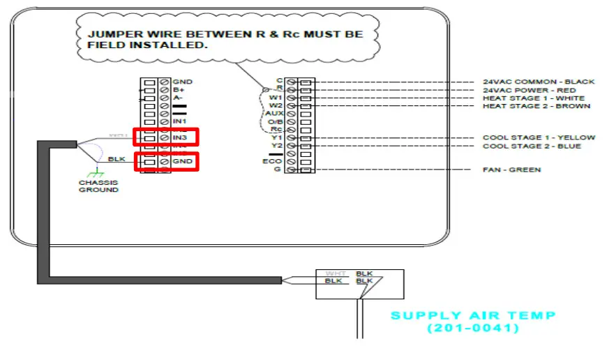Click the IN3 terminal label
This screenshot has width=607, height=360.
point(180,138)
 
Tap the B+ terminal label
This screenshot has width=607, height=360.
point(179,90)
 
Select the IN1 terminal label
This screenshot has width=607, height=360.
point(180,122)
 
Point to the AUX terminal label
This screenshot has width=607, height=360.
point(273,114)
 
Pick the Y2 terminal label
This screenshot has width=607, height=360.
point(277,146)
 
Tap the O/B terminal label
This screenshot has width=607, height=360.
point(274,122)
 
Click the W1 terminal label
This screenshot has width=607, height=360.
point(276,98)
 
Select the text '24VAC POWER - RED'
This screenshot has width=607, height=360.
point(529,90)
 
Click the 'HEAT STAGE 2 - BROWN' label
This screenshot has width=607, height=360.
point(536,106)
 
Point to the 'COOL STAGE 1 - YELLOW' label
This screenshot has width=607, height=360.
point(539,138)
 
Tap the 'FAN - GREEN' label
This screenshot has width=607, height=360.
point(511,170)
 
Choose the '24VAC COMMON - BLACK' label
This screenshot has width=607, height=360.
point(539,82)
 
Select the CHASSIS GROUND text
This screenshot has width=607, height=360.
point(98,186)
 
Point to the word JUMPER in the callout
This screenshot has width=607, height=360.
point(112,33)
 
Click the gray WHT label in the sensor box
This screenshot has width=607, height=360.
point(336,274)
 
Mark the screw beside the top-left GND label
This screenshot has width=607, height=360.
point(164,82)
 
